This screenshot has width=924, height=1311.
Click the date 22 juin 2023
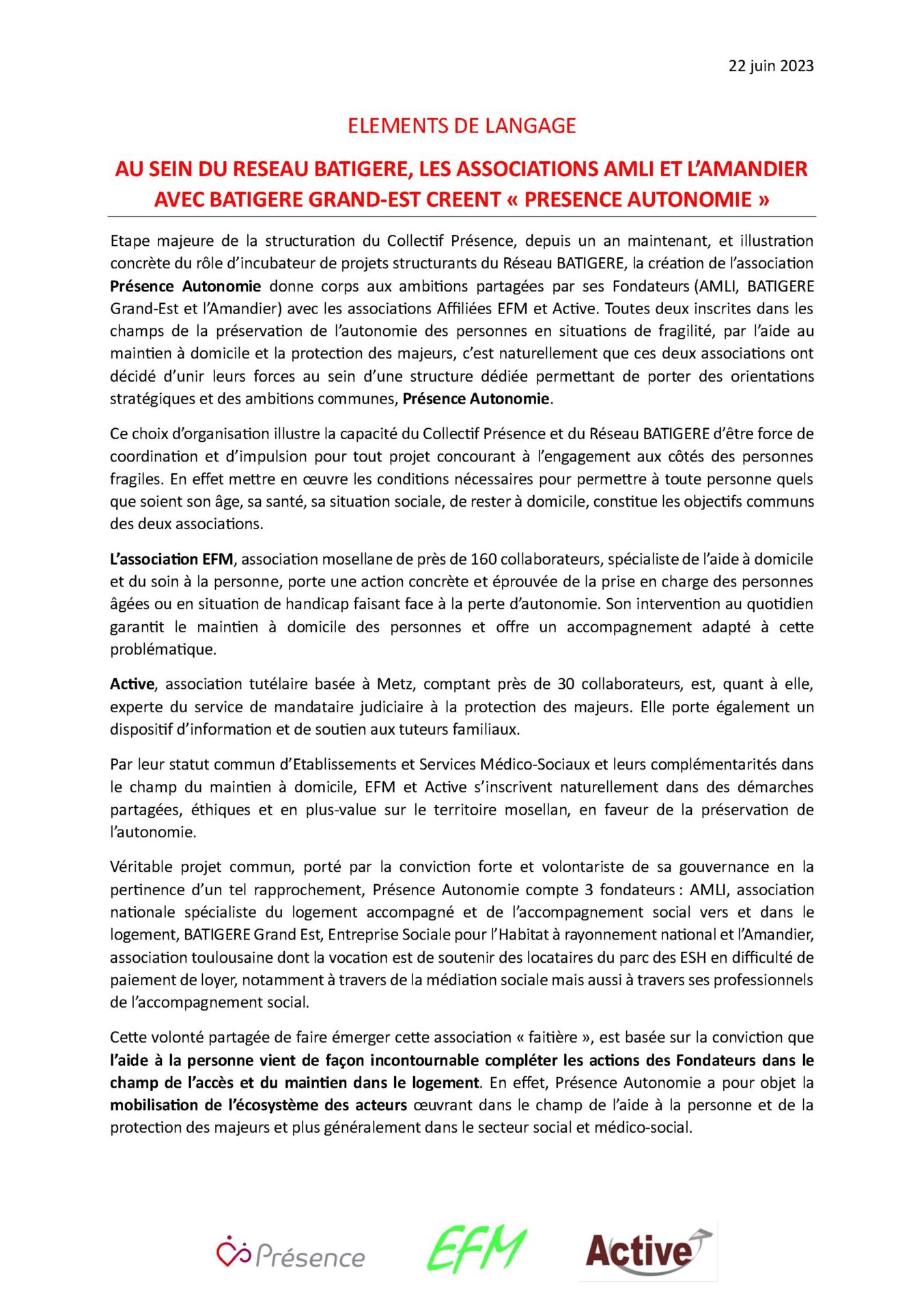point(770,66)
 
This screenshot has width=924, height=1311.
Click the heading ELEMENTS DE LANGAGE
point(462,126)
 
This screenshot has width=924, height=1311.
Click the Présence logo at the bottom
point(291,1255)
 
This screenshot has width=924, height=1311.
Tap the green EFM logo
point(476,1250)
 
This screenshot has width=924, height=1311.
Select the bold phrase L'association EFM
point(172,559)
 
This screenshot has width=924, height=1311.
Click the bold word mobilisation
point(156,1105)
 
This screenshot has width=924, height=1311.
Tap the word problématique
point(163,649)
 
